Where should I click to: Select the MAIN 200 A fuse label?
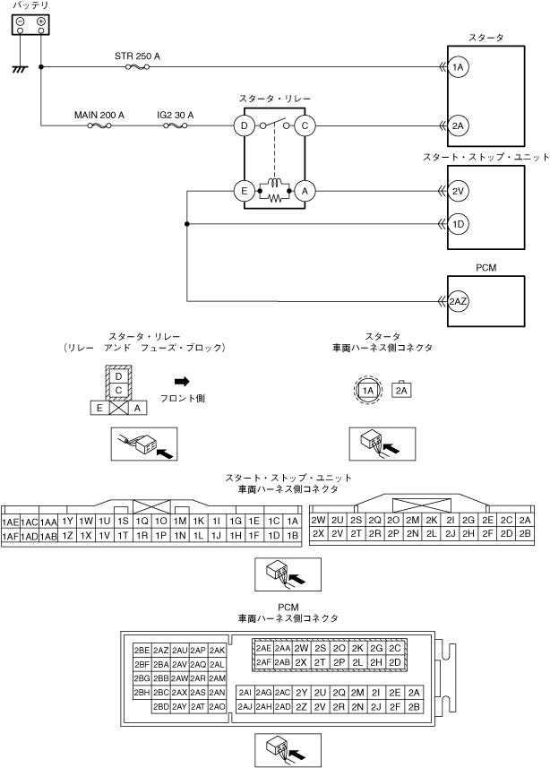[x=99, y=116]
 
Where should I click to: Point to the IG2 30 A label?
[x=175, y=116]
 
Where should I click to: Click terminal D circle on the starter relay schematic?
[x=243, y=126]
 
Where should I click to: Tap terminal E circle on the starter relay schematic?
[x=243, y=190]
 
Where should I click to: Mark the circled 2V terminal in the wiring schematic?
[x=458, y=190]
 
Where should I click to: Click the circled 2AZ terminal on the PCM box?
[x=458, y=301]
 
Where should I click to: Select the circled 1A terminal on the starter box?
[x=458, y=67]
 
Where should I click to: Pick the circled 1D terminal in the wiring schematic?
[x=458, y=223]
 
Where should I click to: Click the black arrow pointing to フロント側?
[x=182, y=381]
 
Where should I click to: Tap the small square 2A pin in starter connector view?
[x=402, y=390]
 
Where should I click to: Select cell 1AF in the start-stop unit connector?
[x=11, y=536]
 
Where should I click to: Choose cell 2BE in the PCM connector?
[x=142, y=650]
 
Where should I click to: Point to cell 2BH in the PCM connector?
[x=142, y=693]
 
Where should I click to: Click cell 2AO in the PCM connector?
[x=217, y=707]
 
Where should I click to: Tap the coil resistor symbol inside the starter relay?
[x=273, y=191]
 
